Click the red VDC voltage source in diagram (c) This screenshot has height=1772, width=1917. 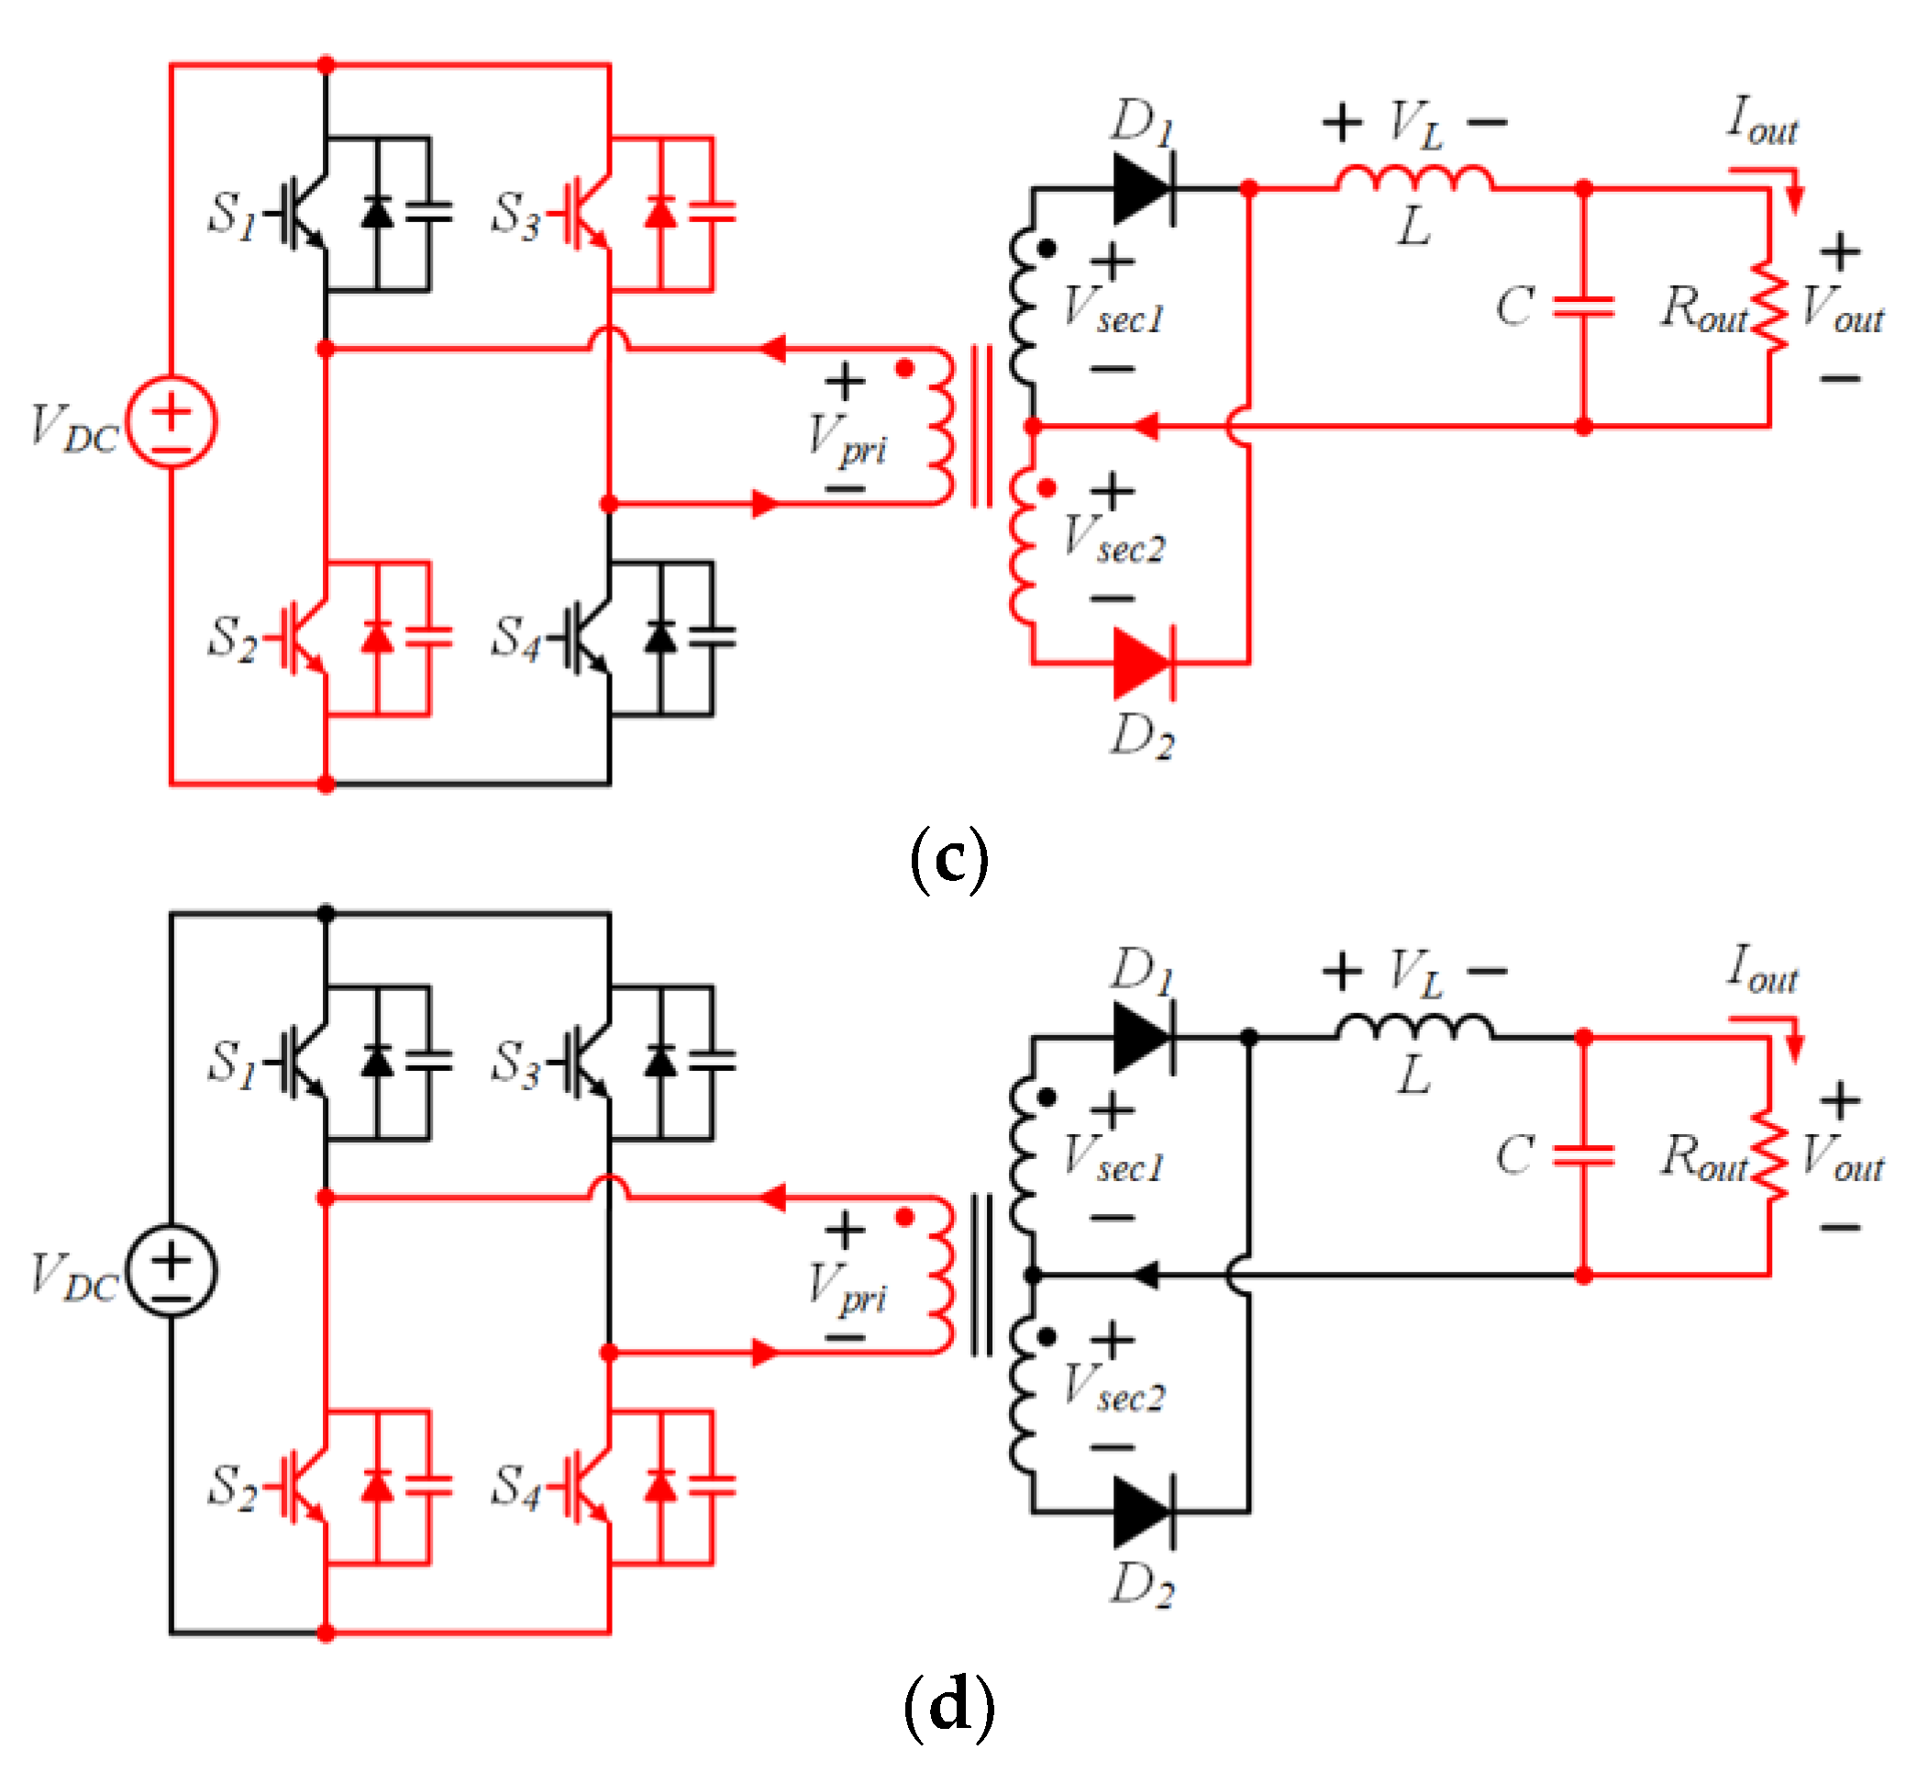pyautogui.click(x=172, y=422)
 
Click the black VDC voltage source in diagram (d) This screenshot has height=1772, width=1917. pyautogui.click(x=172, y=1271)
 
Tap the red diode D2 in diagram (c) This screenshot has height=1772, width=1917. pyautogui.click(x=1144, y=663)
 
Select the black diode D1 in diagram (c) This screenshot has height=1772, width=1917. pyautogui.click(x=1144, y=189)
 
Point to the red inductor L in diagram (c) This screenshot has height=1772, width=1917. pyautogui.click(x=1413, y=179)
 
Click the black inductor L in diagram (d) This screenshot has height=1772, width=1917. pyautogui.click(x=1413, y=1028)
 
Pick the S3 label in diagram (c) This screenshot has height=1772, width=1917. pyautogui.click(x=515, y=215)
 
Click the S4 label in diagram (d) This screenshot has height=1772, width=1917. pyautogui.click(x=515, y=1488)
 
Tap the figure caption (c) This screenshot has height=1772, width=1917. pyautogui.click(x=948, y=859)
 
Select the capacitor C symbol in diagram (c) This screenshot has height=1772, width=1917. pyautogui.click(x=1583, y=306)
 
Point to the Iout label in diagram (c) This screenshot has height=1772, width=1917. pyautogui.click(x=1762, y=122)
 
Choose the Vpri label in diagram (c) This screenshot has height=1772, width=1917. pyautogui.click(x=848, y=440)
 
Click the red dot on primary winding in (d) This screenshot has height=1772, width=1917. pyautogui.click(x=904, y=1217)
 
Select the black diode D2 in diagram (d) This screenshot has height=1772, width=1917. pyautogui.click(x=1144, y=1512)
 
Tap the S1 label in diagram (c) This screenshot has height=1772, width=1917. pyautogui.click(x=232, y=215)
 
